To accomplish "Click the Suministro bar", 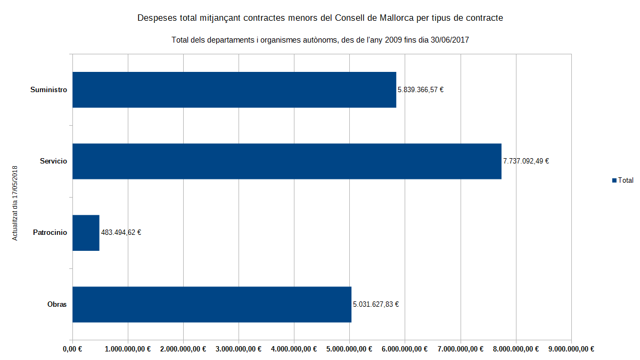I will click(234, 90).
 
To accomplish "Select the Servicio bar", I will click(287, 161).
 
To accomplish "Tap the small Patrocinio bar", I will click(86, 233).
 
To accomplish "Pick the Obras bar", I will click(212, 305).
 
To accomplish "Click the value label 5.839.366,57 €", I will click(421, 90).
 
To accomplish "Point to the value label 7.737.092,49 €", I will click(526, 161).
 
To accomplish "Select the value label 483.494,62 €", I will click(121, 233).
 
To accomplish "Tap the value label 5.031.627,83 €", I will click(376, 305).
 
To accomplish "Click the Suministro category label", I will click(48, 90).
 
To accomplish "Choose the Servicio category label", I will click(53, 161).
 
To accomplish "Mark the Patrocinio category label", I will click(50, 233).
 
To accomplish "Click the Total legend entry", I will click(622, 181).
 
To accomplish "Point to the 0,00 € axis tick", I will click(72, 349).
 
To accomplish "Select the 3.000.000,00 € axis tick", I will click(239, 349).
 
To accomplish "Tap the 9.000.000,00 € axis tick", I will click(571, 349).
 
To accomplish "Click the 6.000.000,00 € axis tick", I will click(405, 349).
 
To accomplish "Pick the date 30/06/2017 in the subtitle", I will click(449, 40).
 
